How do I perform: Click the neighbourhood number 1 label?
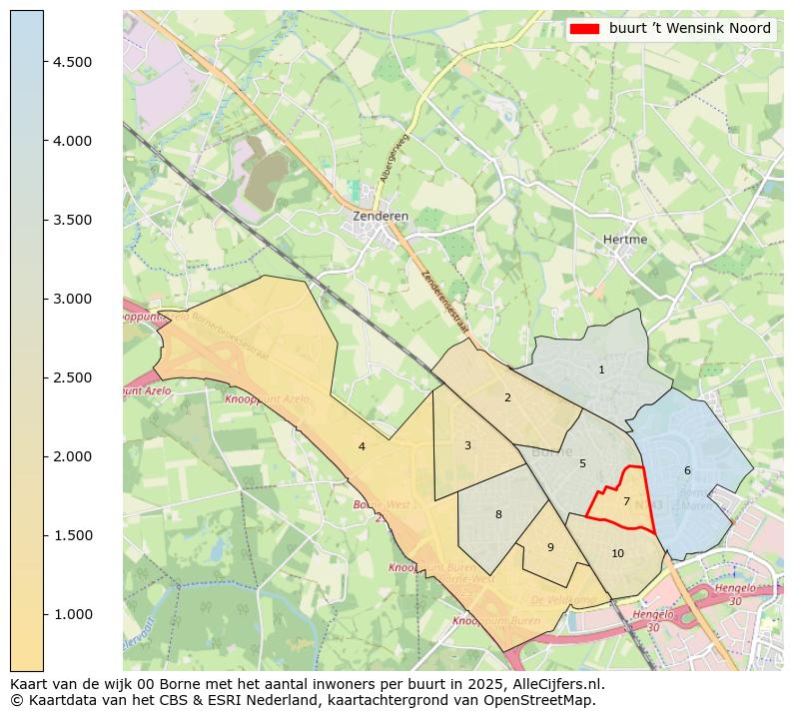pyautogui.click(x=601, y=370)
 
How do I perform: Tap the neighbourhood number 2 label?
pyautogui.click(x=507, y=398)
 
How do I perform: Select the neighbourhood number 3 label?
pyautogui.click(x=467, y=446)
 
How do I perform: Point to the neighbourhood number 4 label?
pyautogui.click(x=362, y=447)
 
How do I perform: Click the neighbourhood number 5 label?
pyautogui.click(x=582, y=464)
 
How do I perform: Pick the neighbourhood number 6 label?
pyautogui.click(x=687, y=471)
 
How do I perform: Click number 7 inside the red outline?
pyautogui.click(x=626, y=502)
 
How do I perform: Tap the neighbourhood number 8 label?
pyautogui.click(x=498, y=515)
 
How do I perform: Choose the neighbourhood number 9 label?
pyautogui.click(x=550, y=548)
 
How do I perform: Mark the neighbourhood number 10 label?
pyautogui.click(x=617, y=554)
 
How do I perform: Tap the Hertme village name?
pyautogui.click(x=625, y=240)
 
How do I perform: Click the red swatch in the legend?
pyautogui.click(x=584, y=29)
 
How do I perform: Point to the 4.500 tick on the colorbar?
pyautogui.click(x=72, y=62)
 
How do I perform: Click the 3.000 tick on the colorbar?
pyautogui.click(x=72, y=299)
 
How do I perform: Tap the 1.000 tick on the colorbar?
pyautogui.click(x=72, y=614)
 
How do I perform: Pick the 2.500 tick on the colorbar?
pyautogui.click(x=72, y=377)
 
